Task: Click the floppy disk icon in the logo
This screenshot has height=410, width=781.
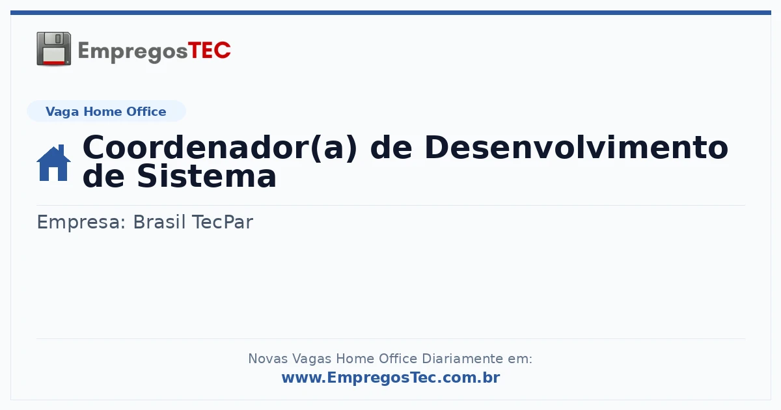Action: pyautogui.click(x=53, y=49)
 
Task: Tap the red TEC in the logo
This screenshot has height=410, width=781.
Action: pyautogui.click(x=209, y=51)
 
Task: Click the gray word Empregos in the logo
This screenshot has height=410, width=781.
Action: pyautogui.click(x=133, y=52)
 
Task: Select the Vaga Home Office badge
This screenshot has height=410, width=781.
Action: pyautogui.click(x=106, y=111)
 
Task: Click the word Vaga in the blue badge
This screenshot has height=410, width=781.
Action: pyautogui.click(x=62, y=112)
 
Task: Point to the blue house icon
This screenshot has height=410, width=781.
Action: pyautogui.click(x=53, y=163)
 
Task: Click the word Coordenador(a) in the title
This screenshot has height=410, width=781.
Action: pyautogui.click(x=220, y=148)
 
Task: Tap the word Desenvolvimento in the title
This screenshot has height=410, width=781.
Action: pyautogui.click(x=577, y=148)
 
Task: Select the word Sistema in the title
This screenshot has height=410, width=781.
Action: pyautogui.click(x=207, y=176)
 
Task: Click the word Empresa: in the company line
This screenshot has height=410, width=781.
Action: pyautogui.click(x=81, y=223)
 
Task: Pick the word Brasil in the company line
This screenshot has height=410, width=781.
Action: pyautogui.click(x=159, y=222)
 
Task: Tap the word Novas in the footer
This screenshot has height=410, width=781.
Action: pyautogui.click(x=267, y=359)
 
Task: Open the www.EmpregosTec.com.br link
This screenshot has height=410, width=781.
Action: pyautogui.click(x=391, y=377)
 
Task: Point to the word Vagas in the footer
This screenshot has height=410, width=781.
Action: pyautogui.click(x=312, y=359)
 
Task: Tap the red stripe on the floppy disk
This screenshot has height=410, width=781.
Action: pyautogui.click(x=54, y=62)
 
